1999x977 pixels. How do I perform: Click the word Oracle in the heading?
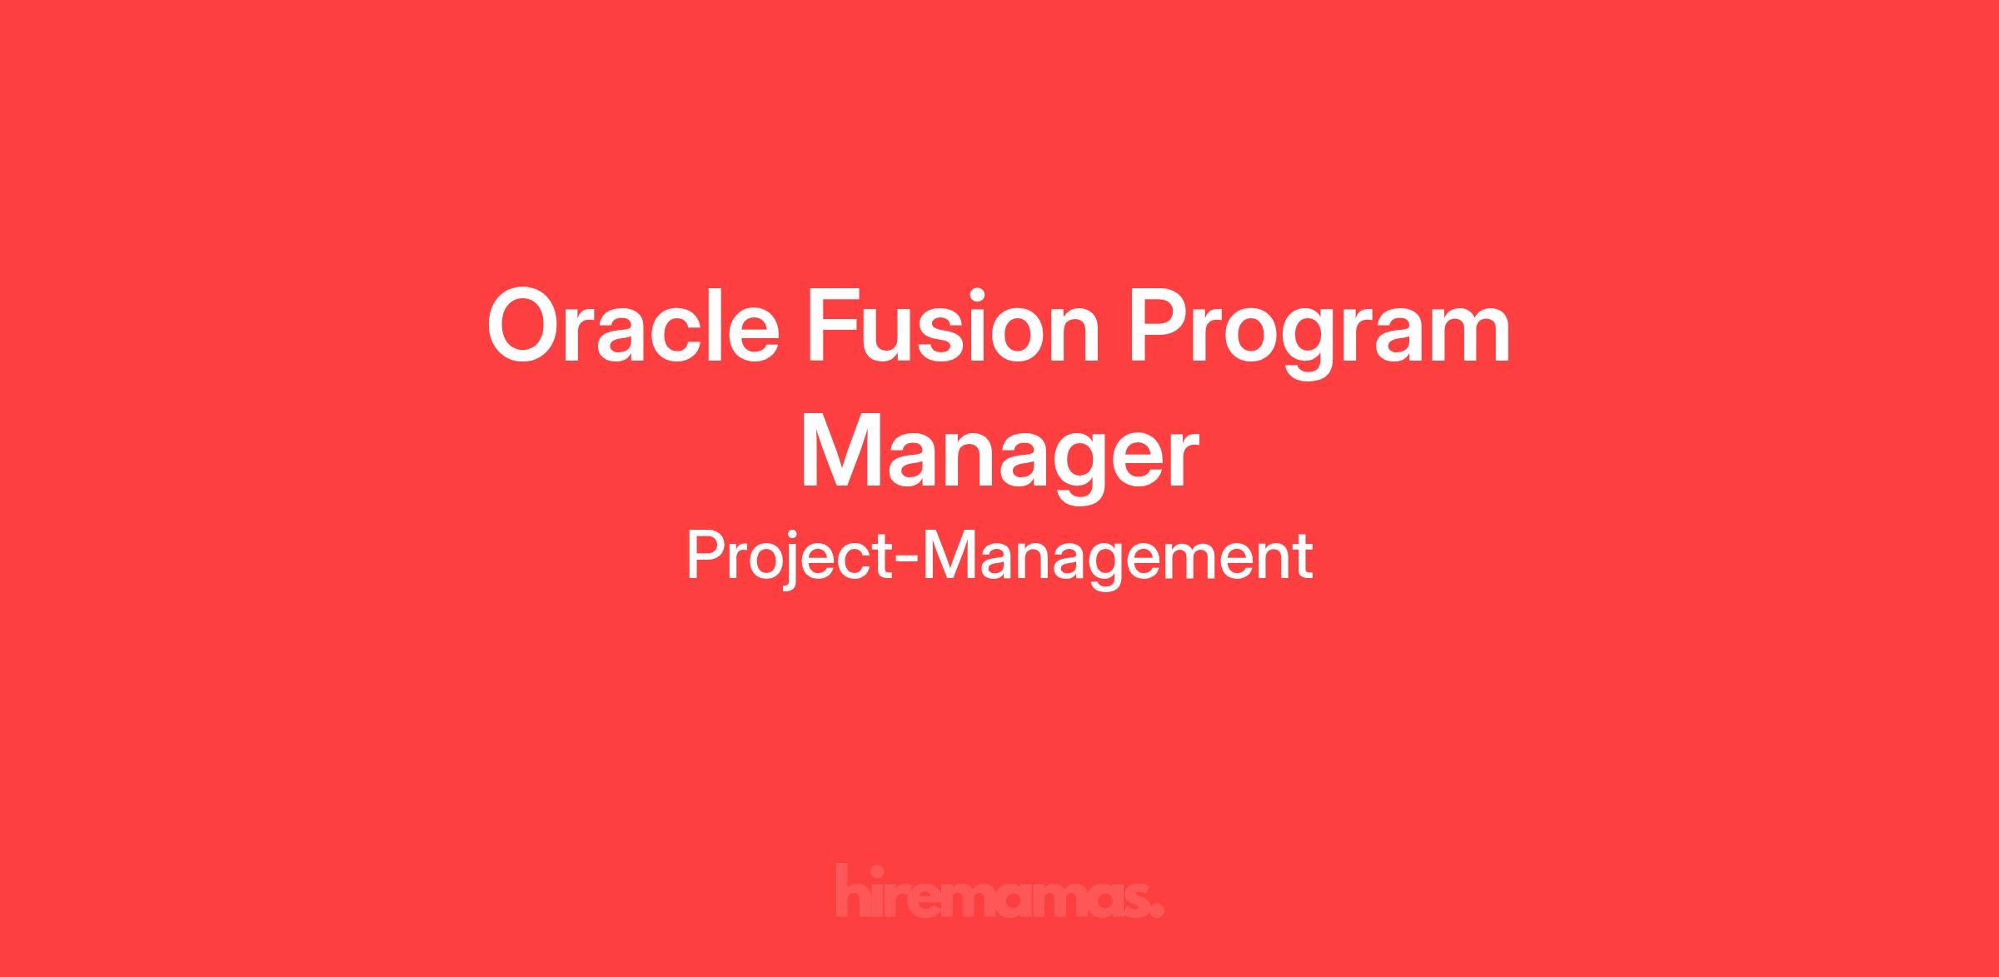pos(633,326)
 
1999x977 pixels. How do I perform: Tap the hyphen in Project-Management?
pos(906,560)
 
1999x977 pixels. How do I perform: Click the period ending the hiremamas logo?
pos(1157,911)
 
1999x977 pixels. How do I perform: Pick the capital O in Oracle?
pos(527,326)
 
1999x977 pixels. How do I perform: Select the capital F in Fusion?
pos(833,326)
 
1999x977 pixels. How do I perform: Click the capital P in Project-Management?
pos(705,556)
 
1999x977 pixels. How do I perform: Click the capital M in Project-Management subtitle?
pos(950,556)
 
